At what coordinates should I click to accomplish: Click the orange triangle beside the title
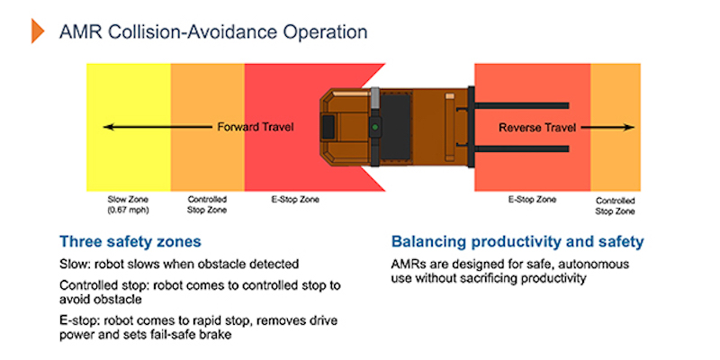tap(38, 31)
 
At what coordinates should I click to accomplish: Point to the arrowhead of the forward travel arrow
tap(107, 127)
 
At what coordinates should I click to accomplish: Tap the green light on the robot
tap(373, 128)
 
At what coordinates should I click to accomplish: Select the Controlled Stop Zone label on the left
tap(207, 204)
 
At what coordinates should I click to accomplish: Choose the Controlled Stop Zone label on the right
tap(616, 204)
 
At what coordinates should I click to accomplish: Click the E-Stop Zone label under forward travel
tap(293, 199)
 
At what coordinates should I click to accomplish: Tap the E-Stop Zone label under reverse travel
tap(530, 199)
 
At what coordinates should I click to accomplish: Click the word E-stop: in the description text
tap(82, 320)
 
